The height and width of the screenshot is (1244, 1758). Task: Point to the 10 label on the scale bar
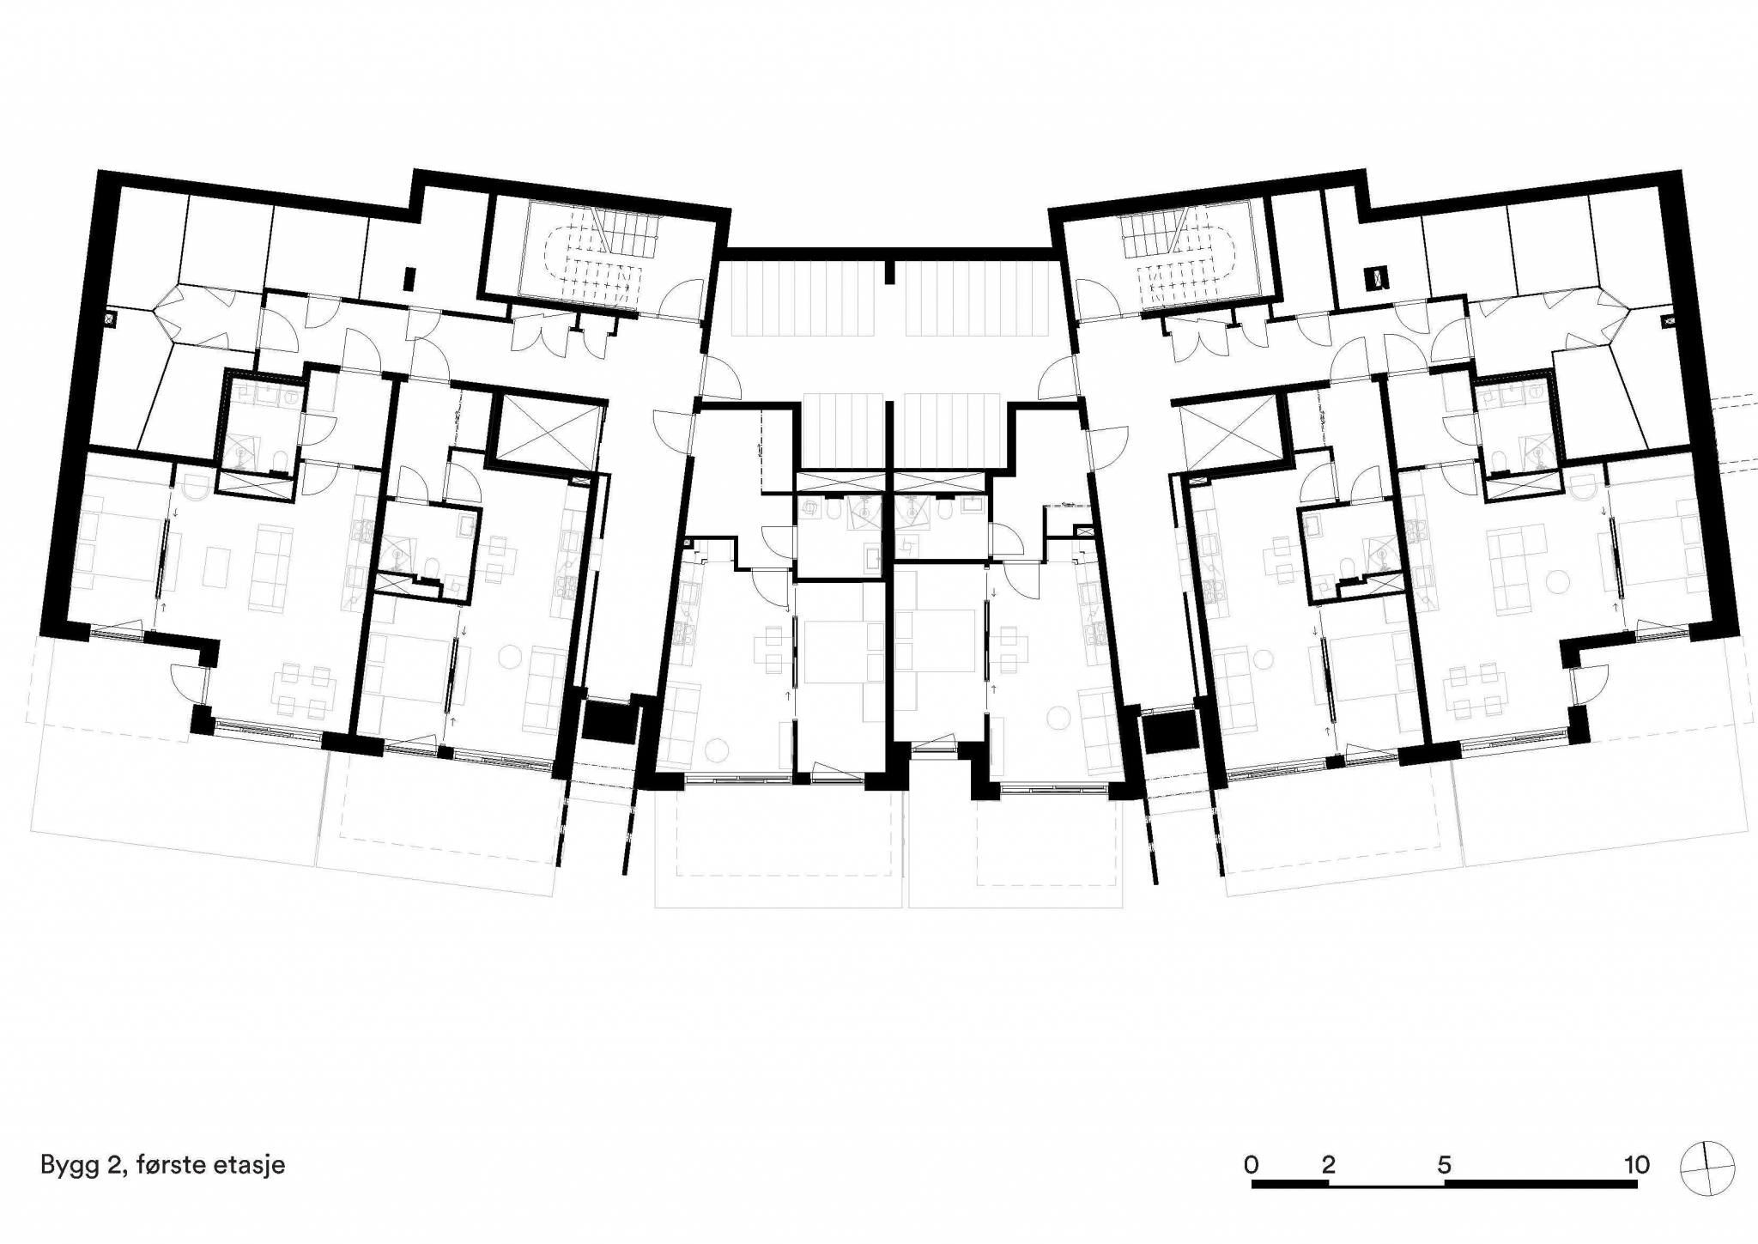1637,1164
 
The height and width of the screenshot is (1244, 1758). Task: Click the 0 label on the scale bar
1252,1164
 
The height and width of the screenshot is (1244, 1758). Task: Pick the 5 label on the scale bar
1445,1164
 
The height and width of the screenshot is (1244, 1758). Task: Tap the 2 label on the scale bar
1329,1164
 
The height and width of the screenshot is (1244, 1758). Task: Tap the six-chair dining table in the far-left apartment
303,690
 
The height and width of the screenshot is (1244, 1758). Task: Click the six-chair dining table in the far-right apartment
1476,690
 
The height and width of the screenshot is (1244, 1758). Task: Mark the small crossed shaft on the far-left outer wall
110,319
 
